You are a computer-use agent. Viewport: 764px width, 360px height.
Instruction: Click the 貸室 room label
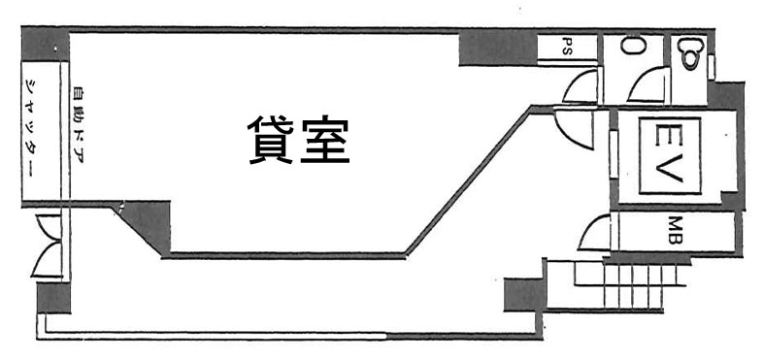(298, 141)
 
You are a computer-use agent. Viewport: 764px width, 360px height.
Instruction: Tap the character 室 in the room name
(325, 141)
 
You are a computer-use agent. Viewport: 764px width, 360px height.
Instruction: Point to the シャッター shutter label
(30, 129)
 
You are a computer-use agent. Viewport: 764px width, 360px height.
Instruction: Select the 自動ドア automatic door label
(78, 124)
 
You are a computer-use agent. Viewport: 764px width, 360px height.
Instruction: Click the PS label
(567, 47)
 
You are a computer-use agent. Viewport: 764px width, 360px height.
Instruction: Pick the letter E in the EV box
(663, 133)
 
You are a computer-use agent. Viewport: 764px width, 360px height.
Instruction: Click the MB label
(673, 231)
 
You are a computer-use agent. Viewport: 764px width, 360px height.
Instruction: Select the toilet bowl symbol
(691, 51)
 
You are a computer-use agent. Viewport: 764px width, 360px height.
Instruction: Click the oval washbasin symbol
(634, 46)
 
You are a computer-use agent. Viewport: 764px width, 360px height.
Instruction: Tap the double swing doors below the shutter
(49, 247)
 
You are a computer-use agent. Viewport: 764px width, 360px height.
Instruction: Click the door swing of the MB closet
(594, 233)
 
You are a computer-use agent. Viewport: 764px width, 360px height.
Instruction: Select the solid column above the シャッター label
(46, 45)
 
